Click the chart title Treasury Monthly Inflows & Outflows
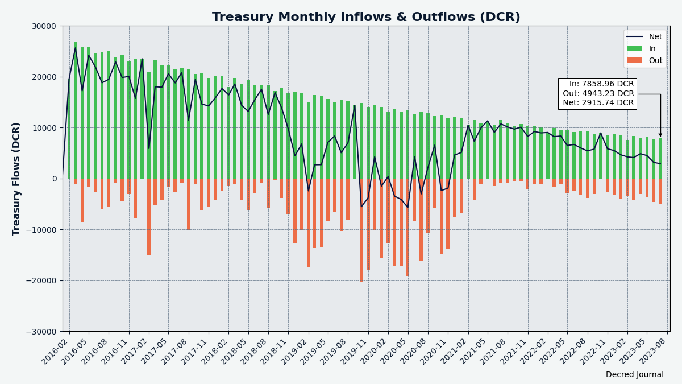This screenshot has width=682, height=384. (x=366, y=17)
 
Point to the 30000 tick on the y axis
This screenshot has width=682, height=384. (x=43, y=26)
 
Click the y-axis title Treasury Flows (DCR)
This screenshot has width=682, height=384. (x=16, y=179)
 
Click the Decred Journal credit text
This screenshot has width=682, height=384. (x=634, y=375)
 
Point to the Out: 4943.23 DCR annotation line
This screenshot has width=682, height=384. (x=598, y=94)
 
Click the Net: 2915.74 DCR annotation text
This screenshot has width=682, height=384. (x=598, y=103)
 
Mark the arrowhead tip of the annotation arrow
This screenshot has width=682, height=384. (x=660, y=137)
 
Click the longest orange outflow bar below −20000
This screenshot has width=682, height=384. (x=361, y=233)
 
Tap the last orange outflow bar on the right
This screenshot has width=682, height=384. (x=660, y=191)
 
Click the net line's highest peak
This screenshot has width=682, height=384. (x=76, y=47)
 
